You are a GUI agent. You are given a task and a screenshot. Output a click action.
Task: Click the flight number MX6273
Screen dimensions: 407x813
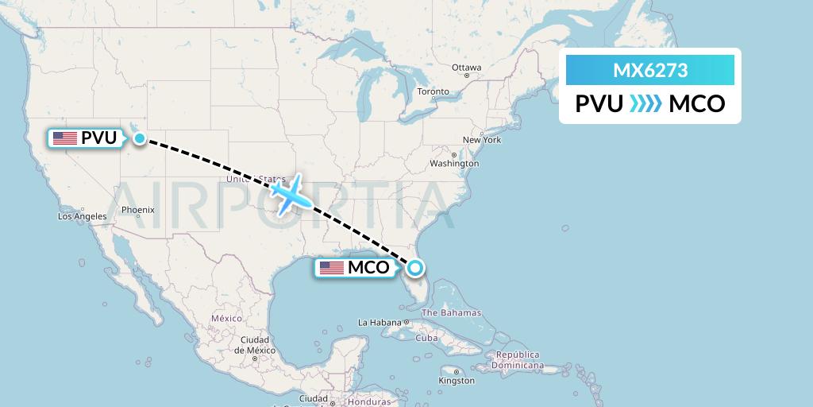649,71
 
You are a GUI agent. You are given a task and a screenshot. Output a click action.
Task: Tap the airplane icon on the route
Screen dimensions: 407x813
287,193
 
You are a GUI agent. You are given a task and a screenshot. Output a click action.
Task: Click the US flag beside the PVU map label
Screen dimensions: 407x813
65,138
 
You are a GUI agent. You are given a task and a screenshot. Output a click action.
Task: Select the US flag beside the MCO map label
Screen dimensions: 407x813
332,268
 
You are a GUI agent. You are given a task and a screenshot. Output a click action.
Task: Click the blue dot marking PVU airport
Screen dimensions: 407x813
140,138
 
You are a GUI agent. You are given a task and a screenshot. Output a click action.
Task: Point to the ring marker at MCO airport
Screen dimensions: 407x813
414,268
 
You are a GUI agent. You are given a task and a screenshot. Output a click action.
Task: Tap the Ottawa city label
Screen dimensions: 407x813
466,68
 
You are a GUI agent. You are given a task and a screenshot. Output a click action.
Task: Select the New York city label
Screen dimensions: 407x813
482,140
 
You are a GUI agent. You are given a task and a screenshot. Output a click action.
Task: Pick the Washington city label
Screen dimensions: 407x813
454,164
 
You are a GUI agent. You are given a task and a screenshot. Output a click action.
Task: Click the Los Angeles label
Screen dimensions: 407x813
83,216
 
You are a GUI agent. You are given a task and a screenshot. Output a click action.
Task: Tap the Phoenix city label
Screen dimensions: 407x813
137,211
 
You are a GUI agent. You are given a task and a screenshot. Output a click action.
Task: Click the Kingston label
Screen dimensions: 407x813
457,382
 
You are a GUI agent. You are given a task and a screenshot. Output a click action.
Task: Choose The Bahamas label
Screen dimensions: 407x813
451,312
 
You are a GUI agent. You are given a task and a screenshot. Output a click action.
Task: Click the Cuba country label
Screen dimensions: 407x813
427,338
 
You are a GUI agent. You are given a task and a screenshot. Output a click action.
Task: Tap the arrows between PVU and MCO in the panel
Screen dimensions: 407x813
645,104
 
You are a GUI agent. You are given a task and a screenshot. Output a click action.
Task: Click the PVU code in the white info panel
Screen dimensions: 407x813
599,104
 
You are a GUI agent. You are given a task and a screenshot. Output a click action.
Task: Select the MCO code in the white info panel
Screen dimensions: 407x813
697,104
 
